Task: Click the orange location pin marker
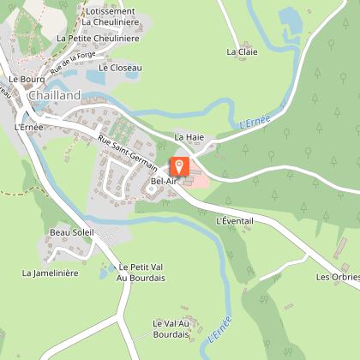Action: pos(180,165)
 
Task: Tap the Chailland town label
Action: pos(54,96)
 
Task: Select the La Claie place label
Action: pos(242,51)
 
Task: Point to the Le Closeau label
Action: pos(120,67)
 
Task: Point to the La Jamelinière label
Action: pos(50,273)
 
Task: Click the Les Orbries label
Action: pos(335,277)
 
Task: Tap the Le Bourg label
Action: pos(26,78)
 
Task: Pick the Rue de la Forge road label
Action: pos(73,60)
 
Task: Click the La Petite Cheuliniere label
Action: pos(98,39)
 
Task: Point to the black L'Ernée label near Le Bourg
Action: pos(29,127)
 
